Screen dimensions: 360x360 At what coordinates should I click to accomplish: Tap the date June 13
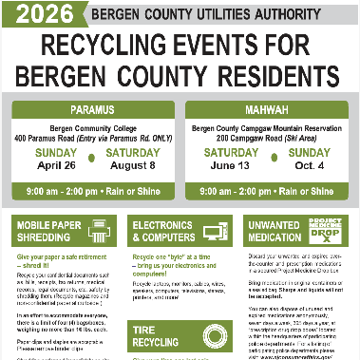click(229, 164)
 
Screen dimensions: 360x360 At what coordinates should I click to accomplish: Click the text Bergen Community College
click(93, 127)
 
